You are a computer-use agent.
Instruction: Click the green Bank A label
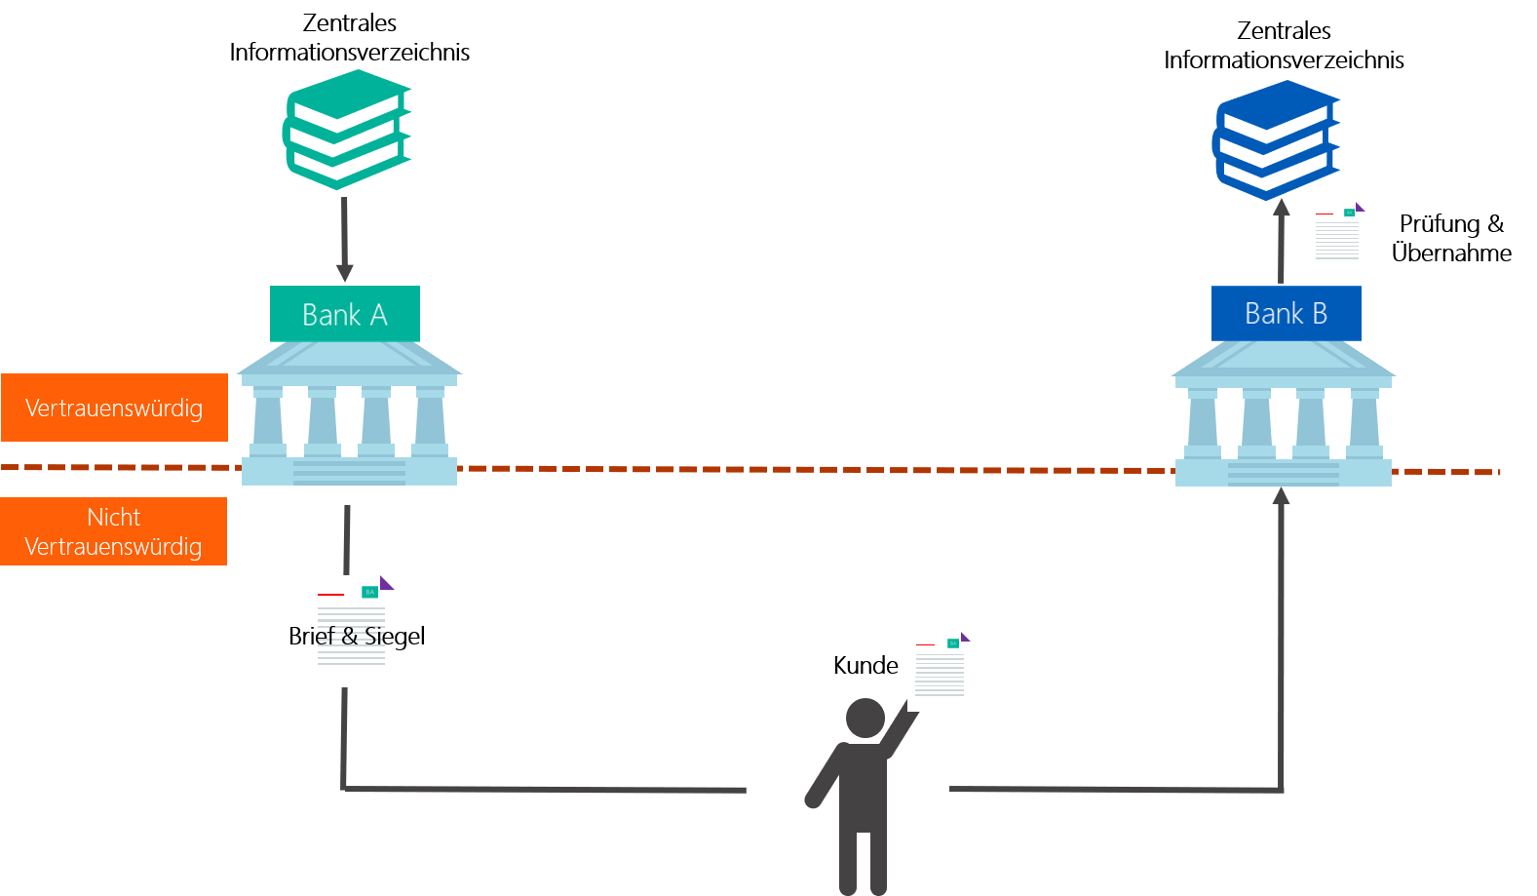(344, 314)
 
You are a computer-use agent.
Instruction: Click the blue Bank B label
(1286, 313)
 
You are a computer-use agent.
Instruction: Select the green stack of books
(347, 129)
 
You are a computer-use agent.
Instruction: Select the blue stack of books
(1276, 139)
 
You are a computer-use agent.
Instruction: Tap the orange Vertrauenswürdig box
(114, 408)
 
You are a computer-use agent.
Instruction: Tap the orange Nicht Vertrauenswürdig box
(114, 531)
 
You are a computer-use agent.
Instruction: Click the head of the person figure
(865, 719)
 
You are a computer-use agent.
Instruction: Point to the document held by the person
(939, 672)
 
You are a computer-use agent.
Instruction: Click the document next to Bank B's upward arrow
(1336, 238)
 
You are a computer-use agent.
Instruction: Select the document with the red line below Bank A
(350, 631)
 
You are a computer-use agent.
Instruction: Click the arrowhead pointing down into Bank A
(344, 272)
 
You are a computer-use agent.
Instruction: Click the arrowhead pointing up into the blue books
(1282, 208)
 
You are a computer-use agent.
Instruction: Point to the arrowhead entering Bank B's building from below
(1282, 496)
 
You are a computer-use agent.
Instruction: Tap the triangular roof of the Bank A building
(349, 359)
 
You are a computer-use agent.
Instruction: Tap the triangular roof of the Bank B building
(1283, 360)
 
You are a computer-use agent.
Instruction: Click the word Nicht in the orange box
(113, 517)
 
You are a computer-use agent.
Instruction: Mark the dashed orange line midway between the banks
(816, 469)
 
